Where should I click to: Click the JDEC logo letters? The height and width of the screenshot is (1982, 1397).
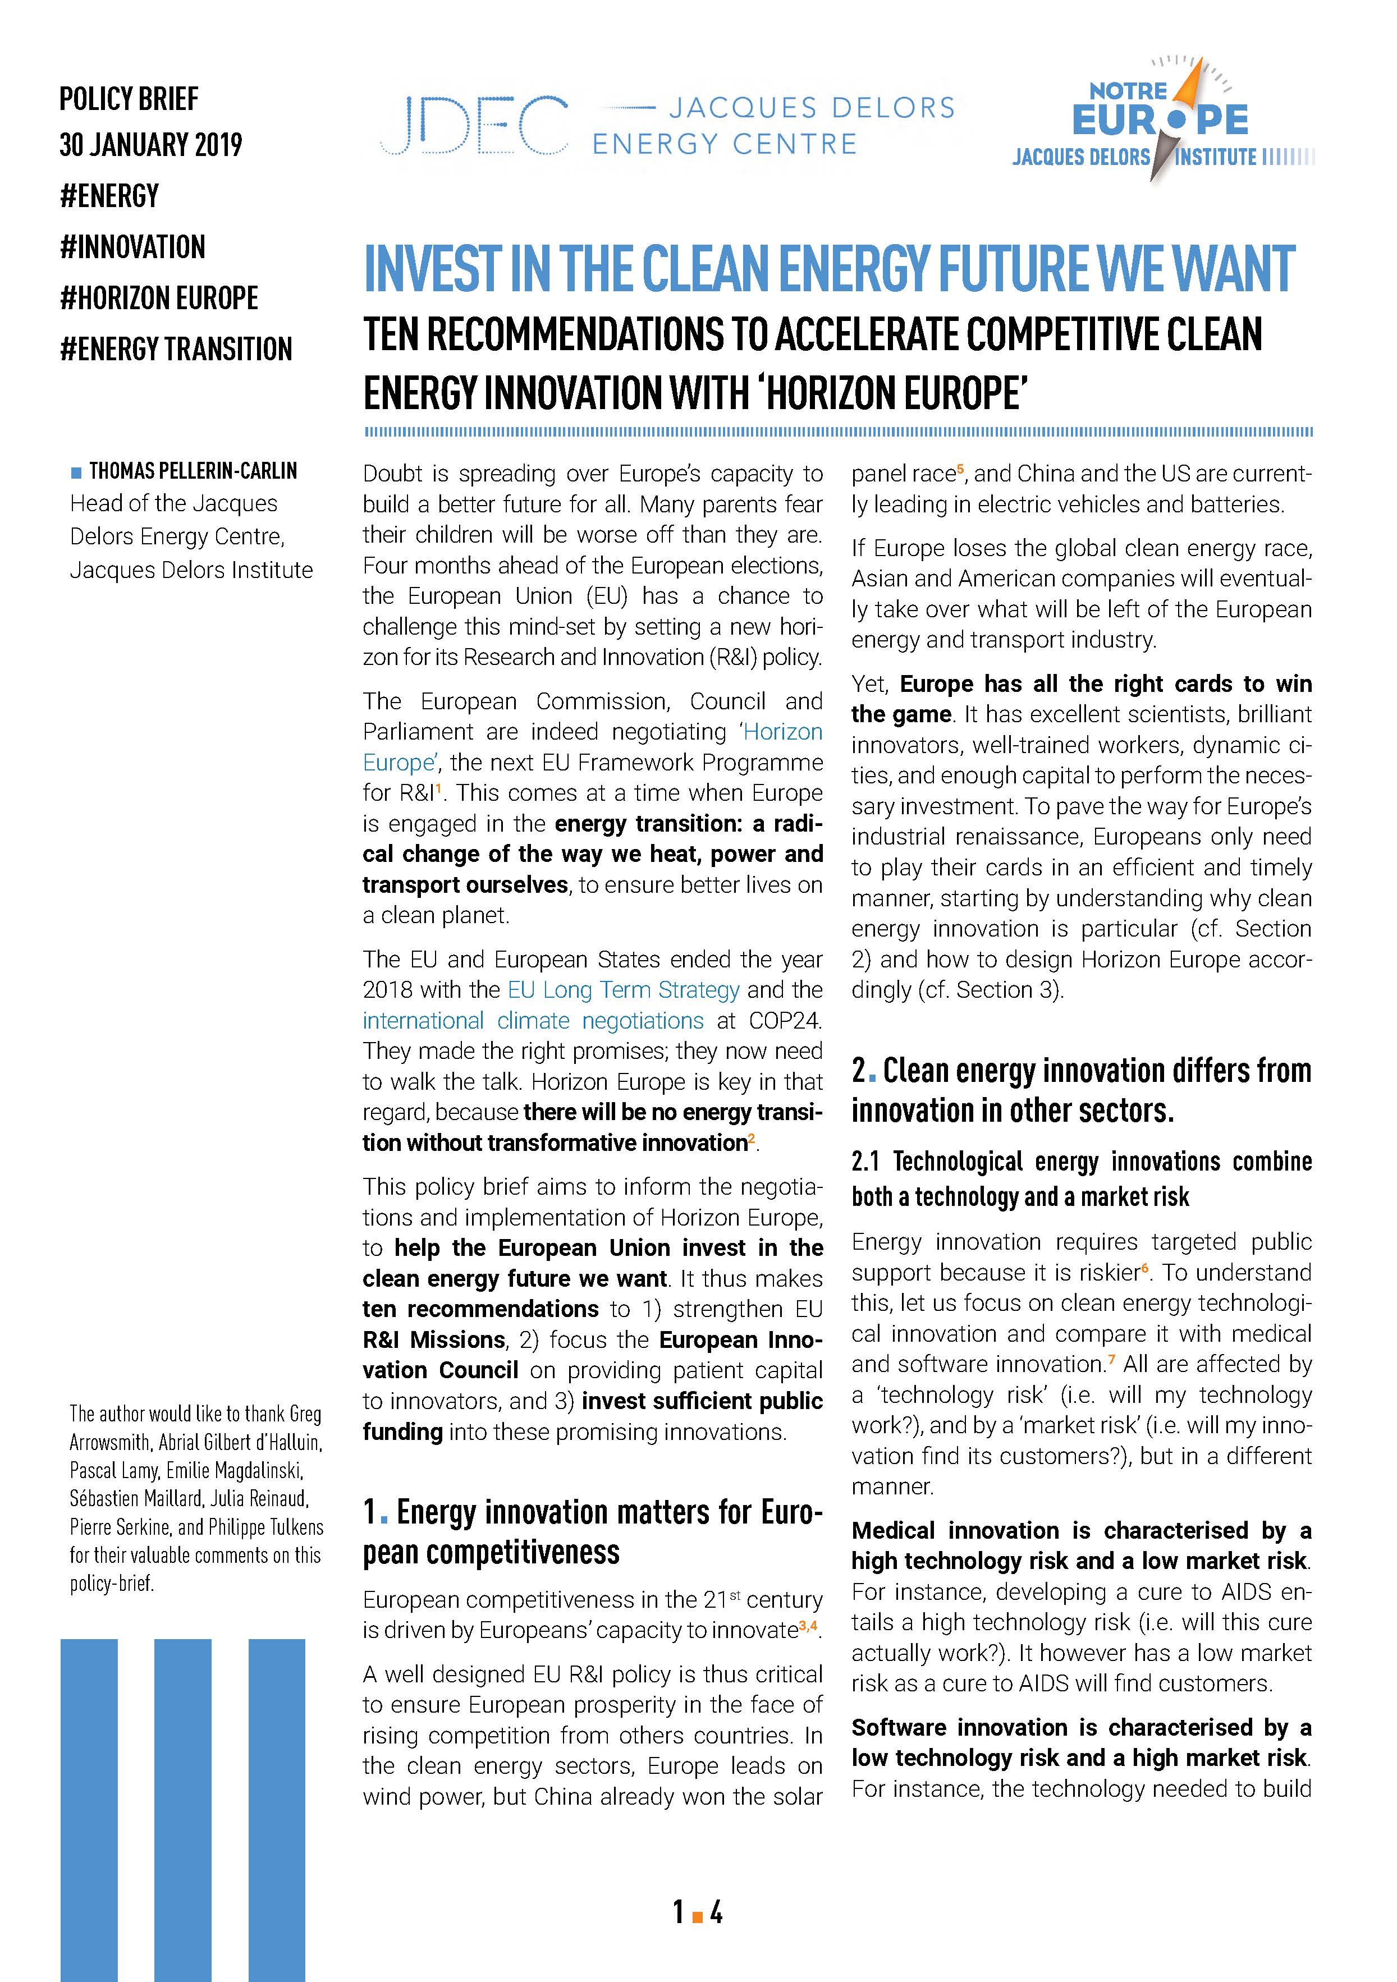[x=473, y=126]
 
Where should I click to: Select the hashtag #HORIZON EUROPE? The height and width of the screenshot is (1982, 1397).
[x=159, y=298]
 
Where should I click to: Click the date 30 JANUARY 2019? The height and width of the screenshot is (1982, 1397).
[x=151, y=145]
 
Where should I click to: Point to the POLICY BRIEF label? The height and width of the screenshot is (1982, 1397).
[x=129, y=99]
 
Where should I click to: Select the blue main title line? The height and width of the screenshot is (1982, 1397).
[x=829, y=269]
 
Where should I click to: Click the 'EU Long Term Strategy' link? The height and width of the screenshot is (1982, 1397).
[x=624, y=990]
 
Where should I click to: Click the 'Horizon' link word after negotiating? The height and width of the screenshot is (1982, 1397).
[x=782, y=732]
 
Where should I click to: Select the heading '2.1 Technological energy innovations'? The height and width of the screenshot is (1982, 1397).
[x=1081, y=1162]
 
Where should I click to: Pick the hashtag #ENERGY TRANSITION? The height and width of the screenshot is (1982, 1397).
[x=176, y=350]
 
